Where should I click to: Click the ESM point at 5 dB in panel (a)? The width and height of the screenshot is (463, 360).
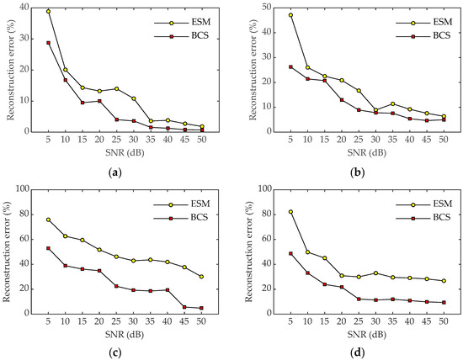point(49,12)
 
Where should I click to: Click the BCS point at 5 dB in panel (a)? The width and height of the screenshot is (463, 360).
point(49,43)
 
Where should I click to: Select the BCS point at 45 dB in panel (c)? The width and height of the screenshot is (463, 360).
point(185,307)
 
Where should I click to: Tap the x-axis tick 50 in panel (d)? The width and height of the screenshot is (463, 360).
point(442,325)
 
